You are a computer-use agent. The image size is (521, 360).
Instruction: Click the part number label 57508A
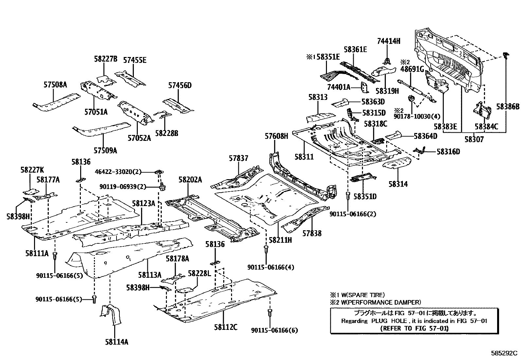(x=55, y=85)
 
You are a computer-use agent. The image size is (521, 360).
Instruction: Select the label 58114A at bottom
(x=117, y=342)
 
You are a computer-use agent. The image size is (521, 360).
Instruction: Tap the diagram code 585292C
(x=504, y=353)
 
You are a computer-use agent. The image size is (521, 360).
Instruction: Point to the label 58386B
(x=508, y=106)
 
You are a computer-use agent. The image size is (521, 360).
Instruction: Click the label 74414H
(x=388, y=41)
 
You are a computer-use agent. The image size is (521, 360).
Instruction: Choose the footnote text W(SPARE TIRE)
(x=361, y=295)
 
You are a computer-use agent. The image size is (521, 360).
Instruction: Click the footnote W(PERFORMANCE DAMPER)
(x=379, y=302)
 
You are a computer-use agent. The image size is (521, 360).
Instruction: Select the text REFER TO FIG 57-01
(x=415, y=328)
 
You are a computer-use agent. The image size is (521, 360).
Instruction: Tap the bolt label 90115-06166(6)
(x=275, y=330)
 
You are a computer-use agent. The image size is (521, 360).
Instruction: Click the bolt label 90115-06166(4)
(x=271, y=267)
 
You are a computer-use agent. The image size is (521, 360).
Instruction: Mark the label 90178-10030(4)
(x=417, y=117)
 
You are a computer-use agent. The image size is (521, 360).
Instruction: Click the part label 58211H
(x=280, y=240)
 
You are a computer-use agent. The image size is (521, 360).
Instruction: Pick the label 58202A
(x=190, y=180)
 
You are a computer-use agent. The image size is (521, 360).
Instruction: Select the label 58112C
(x=226, y=327)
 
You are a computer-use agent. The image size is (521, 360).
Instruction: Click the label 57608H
(x=276, y=136)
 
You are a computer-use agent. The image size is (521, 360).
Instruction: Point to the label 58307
(x=474, y=140)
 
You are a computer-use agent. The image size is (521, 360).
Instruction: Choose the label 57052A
(x=139, y=138)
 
